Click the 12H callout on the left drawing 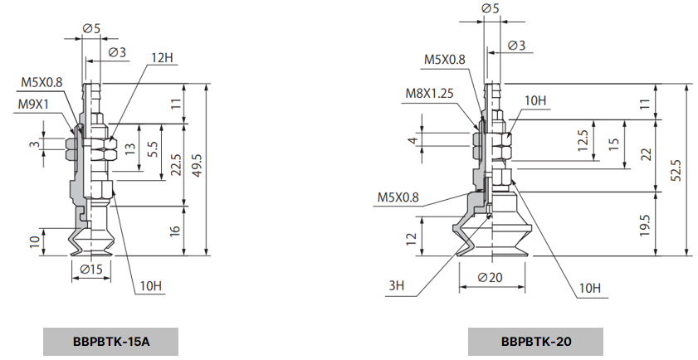[x=161, y=59]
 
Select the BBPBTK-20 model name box [x=535, y=340]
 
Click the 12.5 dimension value [x=583, y=139]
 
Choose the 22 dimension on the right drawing [x=645, y=155]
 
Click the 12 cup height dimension [x=410, y=238]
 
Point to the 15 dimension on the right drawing [x=613, y=143]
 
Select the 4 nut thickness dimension [x=412, y=141]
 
